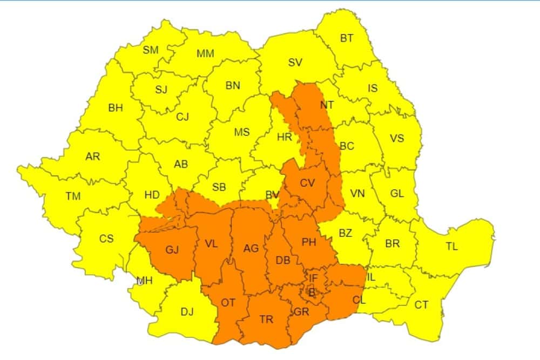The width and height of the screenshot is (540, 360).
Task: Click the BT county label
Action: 347,38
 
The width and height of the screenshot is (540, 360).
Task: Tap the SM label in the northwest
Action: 151,50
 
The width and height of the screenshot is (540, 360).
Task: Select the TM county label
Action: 73,196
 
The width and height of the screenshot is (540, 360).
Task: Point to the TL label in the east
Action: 451,247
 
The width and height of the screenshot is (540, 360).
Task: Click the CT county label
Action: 421,305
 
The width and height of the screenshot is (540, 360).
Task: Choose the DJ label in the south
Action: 187,311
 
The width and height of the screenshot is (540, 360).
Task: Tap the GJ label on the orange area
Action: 172,250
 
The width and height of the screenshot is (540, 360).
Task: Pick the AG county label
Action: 251,248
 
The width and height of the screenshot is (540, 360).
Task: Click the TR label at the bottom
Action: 266,320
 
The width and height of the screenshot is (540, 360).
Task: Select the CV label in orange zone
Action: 307,183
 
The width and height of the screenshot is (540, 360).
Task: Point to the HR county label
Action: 285,137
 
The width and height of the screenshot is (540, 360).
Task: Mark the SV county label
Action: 295,63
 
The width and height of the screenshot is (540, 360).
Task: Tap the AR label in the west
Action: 93,157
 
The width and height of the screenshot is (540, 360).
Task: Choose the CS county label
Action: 106,238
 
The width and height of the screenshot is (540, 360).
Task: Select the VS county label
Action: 397,139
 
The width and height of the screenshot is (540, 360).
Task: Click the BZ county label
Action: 345,233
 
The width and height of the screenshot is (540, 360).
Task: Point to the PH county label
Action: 309,242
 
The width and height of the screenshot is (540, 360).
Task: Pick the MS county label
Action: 242,132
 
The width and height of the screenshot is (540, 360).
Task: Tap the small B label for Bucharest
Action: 311,292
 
